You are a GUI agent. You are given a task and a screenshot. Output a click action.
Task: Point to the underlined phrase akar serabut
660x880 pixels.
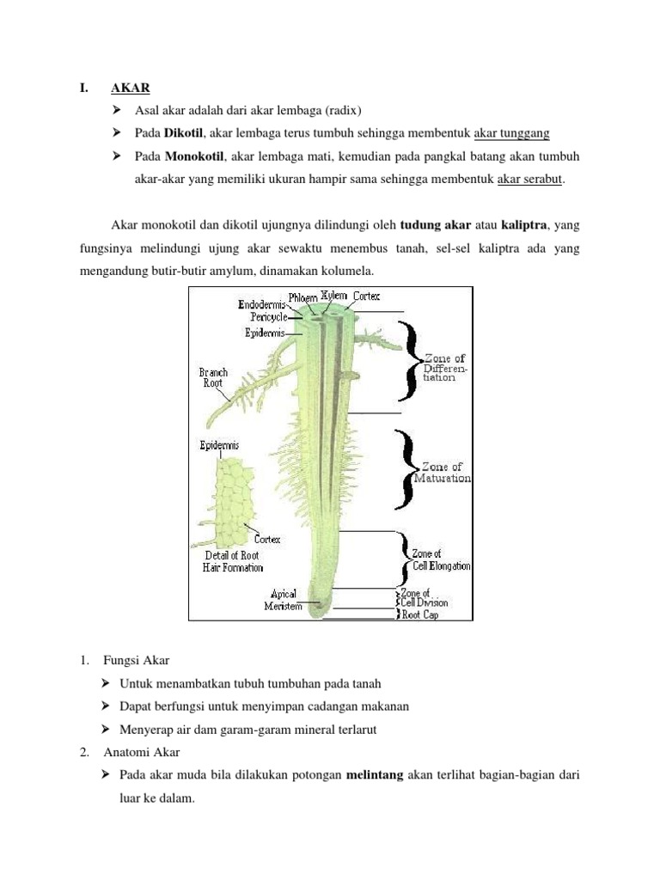pyautogui.click(x=532, y=180)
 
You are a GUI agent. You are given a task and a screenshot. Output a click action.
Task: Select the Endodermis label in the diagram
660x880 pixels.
pyautogui.click(x=262, y=304)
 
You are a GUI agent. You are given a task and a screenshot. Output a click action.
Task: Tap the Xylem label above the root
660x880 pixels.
pyautogui.click(x=334, y=296)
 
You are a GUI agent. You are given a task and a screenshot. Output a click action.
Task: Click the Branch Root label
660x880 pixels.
pyautogui.click(x=213, y=377)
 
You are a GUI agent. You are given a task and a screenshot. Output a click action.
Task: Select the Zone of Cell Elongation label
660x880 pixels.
pyautogui.click(x=441, y=560)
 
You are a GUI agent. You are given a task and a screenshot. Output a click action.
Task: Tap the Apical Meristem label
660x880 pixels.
pyautogui.click(x=284, y=600)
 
